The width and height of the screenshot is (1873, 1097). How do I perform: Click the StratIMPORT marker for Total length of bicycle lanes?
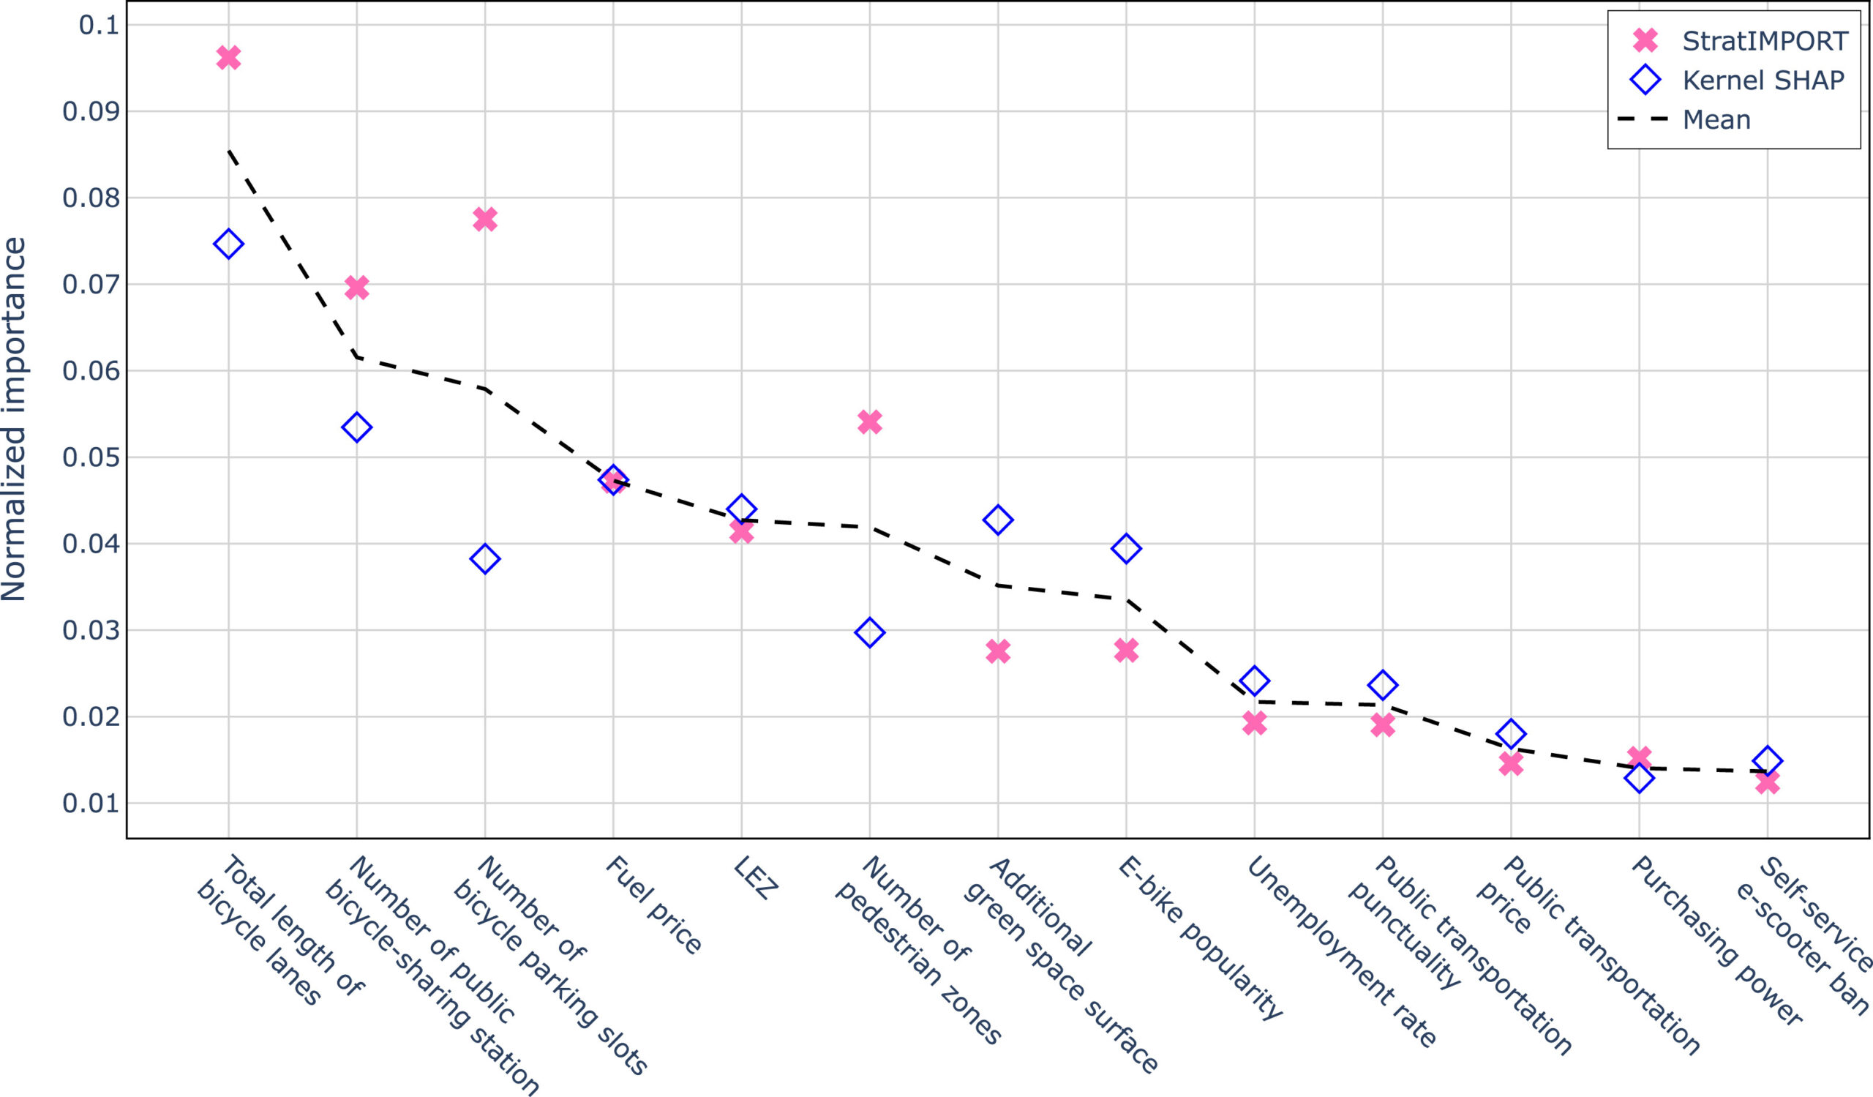[228, 57]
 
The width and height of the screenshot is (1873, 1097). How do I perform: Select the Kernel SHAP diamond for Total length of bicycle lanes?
[228, 244]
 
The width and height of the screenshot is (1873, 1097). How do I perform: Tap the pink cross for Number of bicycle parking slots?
[484, 220]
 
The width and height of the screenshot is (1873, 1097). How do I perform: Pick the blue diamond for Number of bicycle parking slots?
[484, 559]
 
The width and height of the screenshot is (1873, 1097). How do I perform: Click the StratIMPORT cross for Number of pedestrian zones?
[870, 422]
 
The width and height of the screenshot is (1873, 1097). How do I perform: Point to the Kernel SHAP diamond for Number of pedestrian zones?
[870, 633]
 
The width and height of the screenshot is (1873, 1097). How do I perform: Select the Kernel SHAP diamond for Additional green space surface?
[997, 520]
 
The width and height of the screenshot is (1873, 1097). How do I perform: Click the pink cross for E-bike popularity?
[1126, 651]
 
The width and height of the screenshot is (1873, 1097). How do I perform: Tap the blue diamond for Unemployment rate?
[1255, 681]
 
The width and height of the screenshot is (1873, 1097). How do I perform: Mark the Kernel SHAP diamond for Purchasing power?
[1639, 778]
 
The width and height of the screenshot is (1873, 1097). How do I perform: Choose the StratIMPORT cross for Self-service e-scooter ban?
[1768, 782]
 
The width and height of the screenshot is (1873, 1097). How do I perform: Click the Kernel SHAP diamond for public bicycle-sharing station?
[357, 427]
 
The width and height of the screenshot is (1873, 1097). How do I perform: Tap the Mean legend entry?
[1716, 120]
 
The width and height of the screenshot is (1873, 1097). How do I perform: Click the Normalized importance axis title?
[15, 419]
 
